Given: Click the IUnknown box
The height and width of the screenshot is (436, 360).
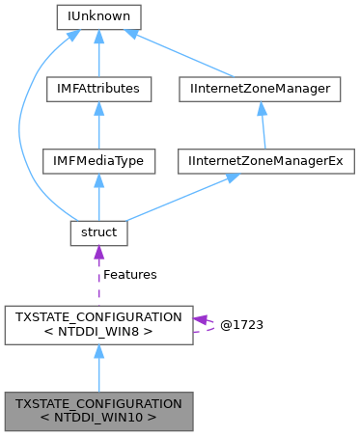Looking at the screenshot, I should tap(99, 16).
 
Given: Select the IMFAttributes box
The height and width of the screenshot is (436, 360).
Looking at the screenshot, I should tap(99, 89).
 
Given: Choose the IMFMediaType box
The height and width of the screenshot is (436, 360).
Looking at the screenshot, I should tap(99, 160).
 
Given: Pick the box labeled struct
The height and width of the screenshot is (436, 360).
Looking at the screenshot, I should tap(99, 232).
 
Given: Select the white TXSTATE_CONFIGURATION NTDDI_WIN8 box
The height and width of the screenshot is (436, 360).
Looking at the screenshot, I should tap(99, 325).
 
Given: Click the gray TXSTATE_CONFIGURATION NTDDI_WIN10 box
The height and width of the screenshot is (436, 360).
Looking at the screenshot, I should tap(99, 411).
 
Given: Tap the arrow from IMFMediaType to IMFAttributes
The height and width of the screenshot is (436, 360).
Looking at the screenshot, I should tap(99, 124).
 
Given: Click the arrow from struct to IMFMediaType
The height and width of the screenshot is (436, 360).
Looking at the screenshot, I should tap(99, 197).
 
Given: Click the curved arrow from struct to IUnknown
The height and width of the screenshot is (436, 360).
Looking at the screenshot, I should tap(41, 125).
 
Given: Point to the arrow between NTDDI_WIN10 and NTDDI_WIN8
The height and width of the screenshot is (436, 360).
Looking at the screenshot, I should tap(99, 368).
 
